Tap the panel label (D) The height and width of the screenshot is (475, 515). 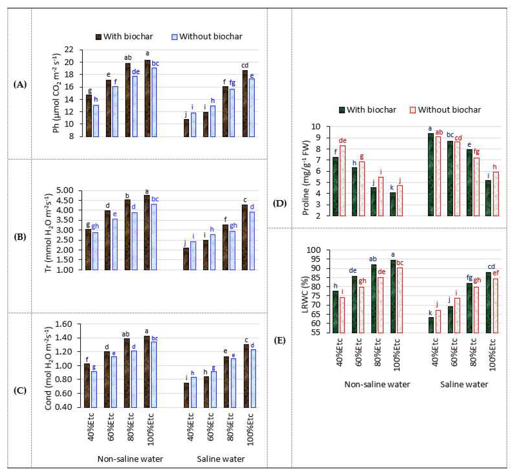[280, 203]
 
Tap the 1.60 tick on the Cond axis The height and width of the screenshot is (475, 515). [63, 324]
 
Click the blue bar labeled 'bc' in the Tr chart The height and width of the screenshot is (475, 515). [154, 237]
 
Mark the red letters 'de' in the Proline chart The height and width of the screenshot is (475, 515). [342, 141]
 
